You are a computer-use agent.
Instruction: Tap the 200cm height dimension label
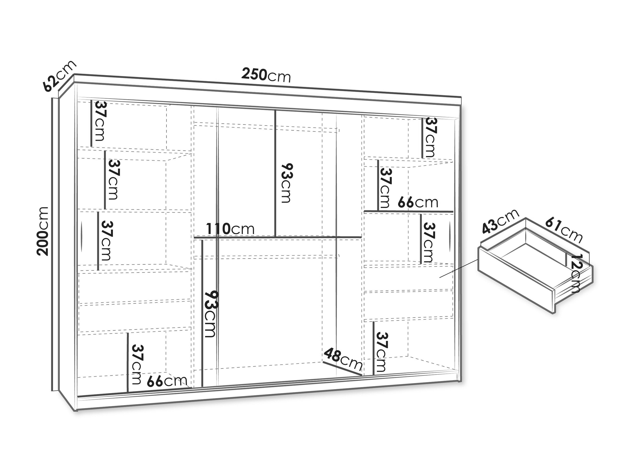point(43,231)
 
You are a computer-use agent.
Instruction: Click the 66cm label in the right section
point(418,202)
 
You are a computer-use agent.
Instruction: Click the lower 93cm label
point(210,314)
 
